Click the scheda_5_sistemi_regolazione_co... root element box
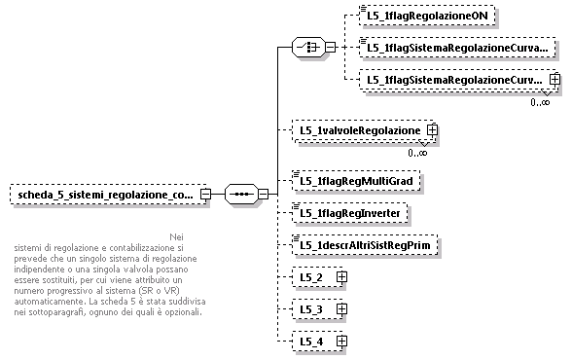(x=103, y=194)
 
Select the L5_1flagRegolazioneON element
(x=416, y=16)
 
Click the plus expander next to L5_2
(x=341, y=277)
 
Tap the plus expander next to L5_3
(x=341, y=309)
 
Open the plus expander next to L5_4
(x=341, y=342)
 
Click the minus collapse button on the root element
(x=205, y=194)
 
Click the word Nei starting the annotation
(x=175, y=236)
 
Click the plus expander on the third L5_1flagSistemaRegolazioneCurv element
(x=554, y=80)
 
